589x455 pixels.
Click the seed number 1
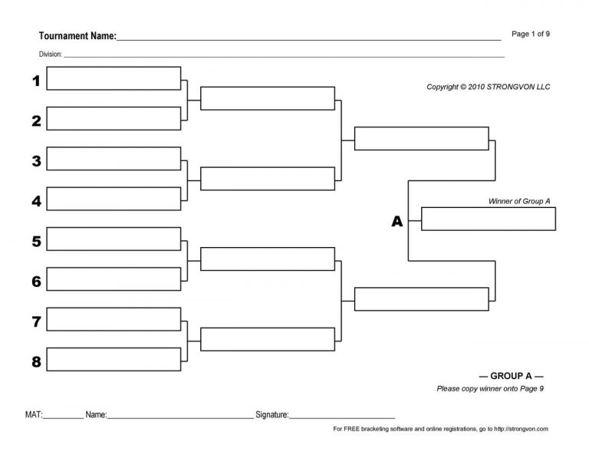pos(36,81)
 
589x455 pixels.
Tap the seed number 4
pos(36,201)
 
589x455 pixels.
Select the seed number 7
pos(36,321)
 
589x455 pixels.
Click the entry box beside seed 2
pos(114,118)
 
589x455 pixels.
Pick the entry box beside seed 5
pos(114,239)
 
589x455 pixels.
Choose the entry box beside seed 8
pos(114,359)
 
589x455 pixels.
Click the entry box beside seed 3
pos(114,158)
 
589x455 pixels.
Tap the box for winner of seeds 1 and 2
pos(267,98)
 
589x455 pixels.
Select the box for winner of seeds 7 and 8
pos(267,339)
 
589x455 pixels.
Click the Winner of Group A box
pos(488,219)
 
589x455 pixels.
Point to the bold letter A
pos(397,222)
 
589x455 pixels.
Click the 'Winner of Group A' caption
pos(519,201)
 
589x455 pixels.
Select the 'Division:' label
pos(51,54)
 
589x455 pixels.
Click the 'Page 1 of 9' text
pos(530,34)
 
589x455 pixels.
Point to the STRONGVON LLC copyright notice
pos(488,87)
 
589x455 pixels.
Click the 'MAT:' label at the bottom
pos(34,414)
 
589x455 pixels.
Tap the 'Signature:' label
pos(271,414)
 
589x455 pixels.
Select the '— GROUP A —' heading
pos(511,376)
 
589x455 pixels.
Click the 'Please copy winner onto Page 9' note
pos(490,389)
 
